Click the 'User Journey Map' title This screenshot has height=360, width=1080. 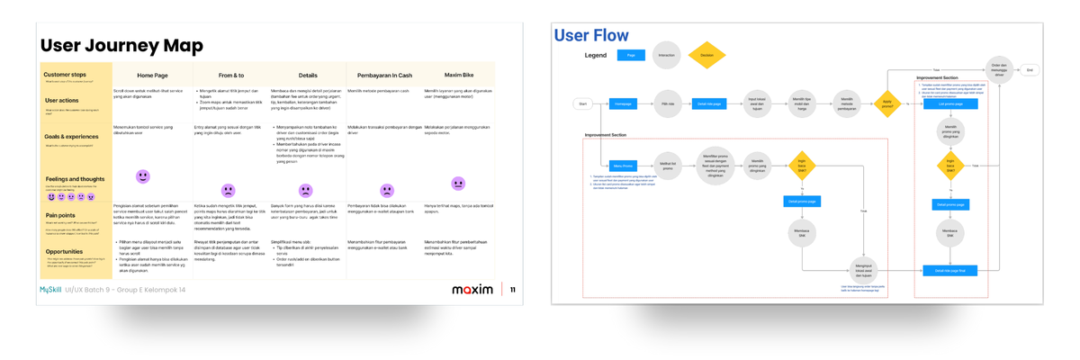click(x=121, y=46)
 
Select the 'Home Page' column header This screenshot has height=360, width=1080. click(x=152, y=76)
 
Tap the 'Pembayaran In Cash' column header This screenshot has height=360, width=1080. click(x=384, y=76)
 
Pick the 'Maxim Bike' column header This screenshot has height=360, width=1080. click(x=459, y=76)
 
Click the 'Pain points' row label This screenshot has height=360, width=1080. click(x=60, y=215)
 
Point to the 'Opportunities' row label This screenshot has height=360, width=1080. click(x=64, y=252)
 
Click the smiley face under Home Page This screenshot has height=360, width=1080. click(x=142, y=176)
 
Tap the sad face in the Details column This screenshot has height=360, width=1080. click(x=306, y=191)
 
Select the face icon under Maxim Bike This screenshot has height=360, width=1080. click(x=458, y=184)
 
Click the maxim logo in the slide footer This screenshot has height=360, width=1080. click(x=472, y=290)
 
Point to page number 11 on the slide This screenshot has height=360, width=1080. click(x=513, y=290)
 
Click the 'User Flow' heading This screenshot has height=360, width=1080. click(x=591, y=36)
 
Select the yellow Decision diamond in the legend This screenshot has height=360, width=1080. click(x=706, y=56)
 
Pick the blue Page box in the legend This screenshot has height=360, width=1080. click(x=631, y=56)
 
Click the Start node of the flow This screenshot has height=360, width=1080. click(x=583, y=104)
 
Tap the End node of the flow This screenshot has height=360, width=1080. click(x=1030, y=70)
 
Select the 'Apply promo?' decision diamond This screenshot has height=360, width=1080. click(x=887, y=104)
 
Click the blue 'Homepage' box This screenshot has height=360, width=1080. click(x=623, y=104)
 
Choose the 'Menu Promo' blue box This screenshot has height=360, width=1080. click(x=623, y=166)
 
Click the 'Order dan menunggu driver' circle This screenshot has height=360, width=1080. click(x=998, y=70)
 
